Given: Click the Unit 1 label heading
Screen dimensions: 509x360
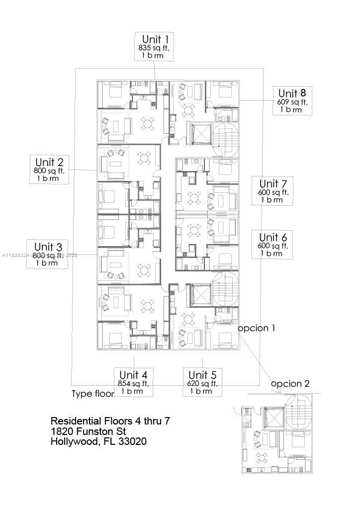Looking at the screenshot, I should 155,39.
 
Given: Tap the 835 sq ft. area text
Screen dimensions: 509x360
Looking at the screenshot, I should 155,48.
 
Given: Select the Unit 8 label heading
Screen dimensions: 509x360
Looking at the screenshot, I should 292,93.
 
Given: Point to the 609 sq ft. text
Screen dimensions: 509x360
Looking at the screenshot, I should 292,102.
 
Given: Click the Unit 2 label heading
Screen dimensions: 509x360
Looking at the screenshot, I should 49,162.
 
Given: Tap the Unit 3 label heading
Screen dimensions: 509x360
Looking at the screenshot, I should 48,247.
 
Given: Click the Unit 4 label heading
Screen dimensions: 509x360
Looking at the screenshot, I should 133,374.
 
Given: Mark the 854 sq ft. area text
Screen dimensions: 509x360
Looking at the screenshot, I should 133,383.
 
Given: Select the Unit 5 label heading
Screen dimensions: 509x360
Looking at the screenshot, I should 202,374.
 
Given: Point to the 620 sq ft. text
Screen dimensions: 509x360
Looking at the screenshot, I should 202,383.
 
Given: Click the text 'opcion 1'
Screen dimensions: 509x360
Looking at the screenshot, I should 256,329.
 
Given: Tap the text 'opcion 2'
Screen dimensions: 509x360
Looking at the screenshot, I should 290,384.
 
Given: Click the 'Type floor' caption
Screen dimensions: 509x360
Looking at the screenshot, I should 92,394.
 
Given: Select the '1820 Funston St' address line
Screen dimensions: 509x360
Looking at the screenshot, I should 89,431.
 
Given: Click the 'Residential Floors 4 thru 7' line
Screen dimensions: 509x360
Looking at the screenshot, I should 110,421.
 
